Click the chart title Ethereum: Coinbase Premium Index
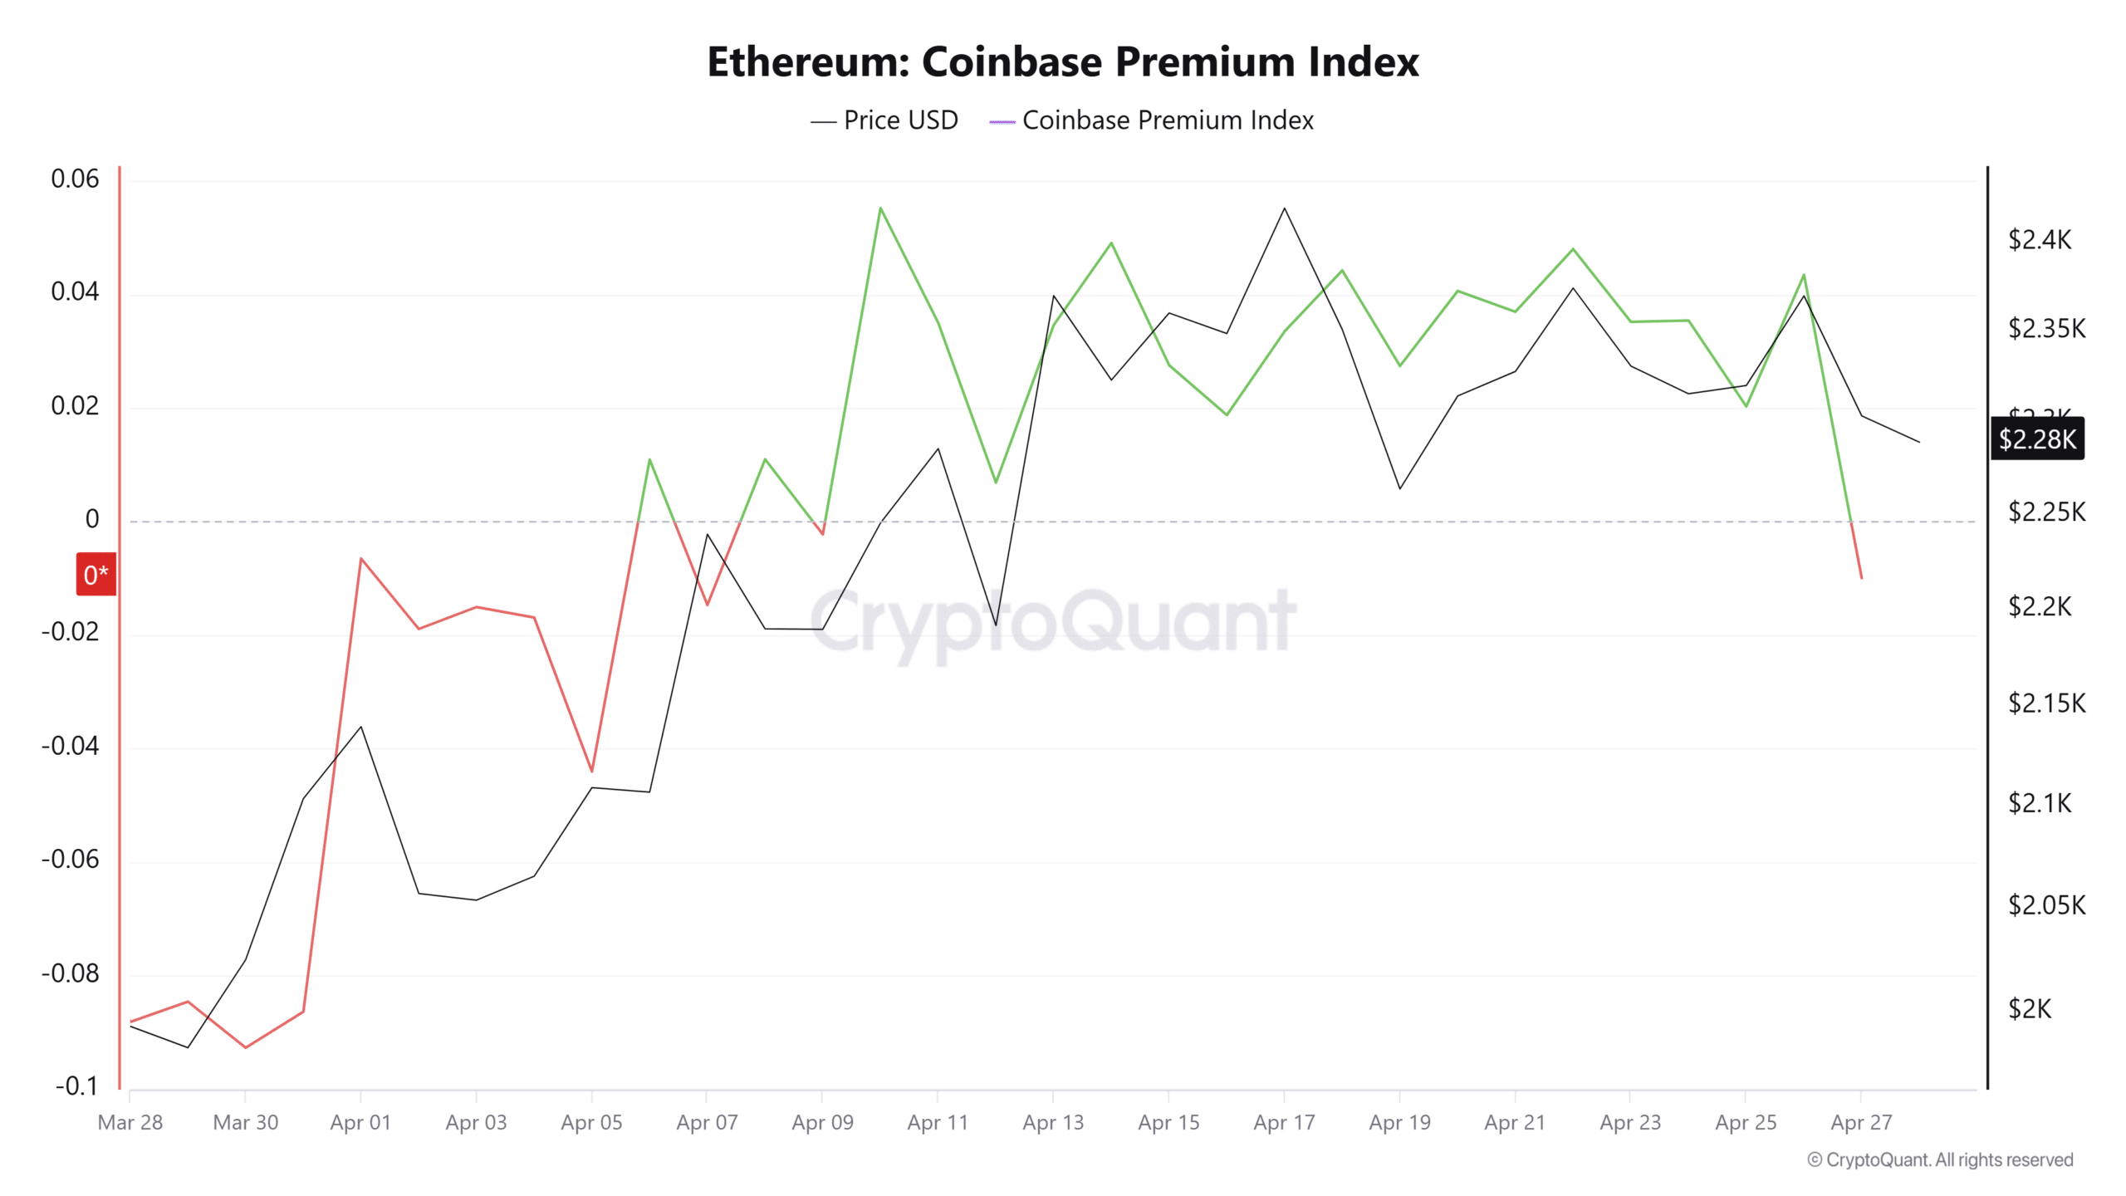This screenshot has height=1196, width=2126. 1063,62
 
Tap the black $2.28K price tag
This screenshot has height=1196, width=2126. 2037,439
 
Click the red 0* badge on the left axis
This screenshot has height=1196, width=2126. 96,574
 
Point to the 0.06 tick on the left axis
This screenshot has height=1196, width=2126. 75,179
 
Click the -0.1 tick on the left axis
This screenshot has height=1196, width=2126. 76,1086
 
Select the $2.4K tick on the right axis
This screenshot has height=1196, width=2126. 2040,240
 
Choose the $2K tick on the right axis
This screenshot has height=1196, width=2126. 2030,1008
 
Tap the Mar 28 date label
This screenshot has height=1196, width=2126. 130,1122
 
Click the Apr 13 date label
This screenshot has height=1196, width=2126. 1053,1122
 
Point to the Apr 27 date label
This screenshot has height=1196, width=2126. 1861,1122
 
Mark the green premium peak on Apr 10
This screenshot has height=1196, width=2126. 880,208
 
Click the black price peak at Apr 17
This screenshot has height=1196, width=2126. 1285,208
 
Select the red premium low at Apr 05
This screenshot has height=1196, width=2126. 592,771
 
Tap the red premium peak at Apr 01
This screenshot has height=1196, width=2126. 360,558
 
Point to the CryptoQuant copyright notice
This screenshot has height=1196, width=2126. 1940,1159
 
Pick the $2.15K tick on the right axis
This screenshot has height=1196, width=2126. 2046,703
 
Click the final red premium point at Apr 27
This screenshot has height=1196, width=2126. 1861,577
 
